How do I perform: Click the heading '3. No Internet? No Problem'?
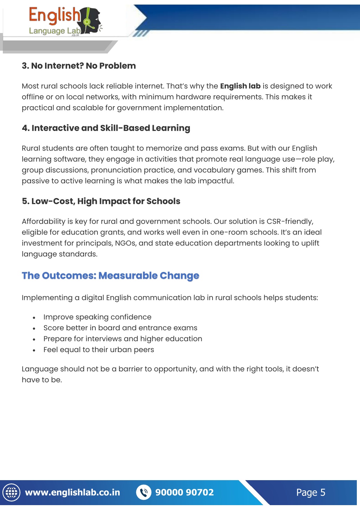click(78, 66)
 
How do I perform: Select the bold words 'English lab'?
click(240, 86)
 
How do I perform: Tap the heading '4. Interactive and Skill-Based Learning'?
click(106, 128)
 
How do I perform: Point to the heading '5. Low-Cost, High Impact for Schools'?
click(101, 201)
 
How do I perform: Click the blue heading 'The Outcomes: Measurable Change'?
click(110, 275)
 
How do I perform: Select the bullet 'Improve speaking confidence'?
click(97, 317)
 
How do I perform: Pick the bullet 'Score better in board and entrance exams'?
click(120, 328)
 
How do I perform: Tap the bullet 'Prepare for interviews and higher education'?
click(122, 339)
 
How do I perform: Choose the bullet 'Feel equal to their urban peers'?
click(99, 350)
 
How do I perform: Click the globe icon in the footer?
click(12, 492)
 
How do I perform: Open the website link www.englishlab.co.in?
click(72, 492)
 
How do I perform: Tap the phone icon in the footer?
click(144, 492)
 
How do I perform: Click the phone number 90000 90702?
click(184, 492)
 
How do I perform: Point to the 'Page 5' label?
click(310, 492)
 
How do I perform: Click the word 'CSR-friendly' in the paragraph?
click(290, 222)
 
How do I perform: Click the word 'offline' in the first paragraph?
click(33, 97)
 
